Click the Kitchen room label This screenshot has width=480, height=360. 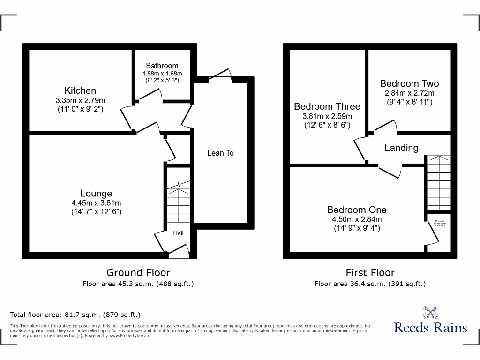click(80, 90)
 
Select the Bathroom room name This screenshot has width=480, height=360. click(162, 66)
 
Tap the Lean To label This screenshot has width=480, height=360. click(220, 153)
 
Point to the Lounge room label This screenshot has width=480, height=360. click(96, 194)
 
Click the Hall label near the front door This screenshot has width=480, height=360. click(179, 233)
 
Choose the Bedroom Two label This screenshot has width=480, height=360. click(409, 83)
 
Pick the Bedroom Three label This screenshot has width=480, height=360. click(327, 107)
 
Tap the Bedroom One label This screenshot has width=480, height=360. click(357, 210)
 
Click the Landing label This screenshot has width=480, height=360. click(401, 148)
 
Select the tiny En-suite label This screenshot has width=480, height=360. click(440, 221)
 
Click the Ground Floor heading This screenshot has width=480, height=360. click(138, 272)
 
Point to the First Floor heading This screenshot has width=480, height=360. click(370, 272)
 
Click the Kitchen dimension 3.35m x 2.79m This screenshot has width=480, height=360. click(80, 100)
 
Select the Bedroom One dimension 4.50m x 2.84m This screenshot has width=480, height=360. click(357, 219)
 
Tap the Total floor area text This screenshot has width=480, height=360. click(75, 315)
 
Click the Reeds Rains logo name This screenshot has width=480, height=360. click(430, 327)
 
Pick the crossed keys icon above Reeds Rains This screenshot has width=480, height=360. click(430, 312)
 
